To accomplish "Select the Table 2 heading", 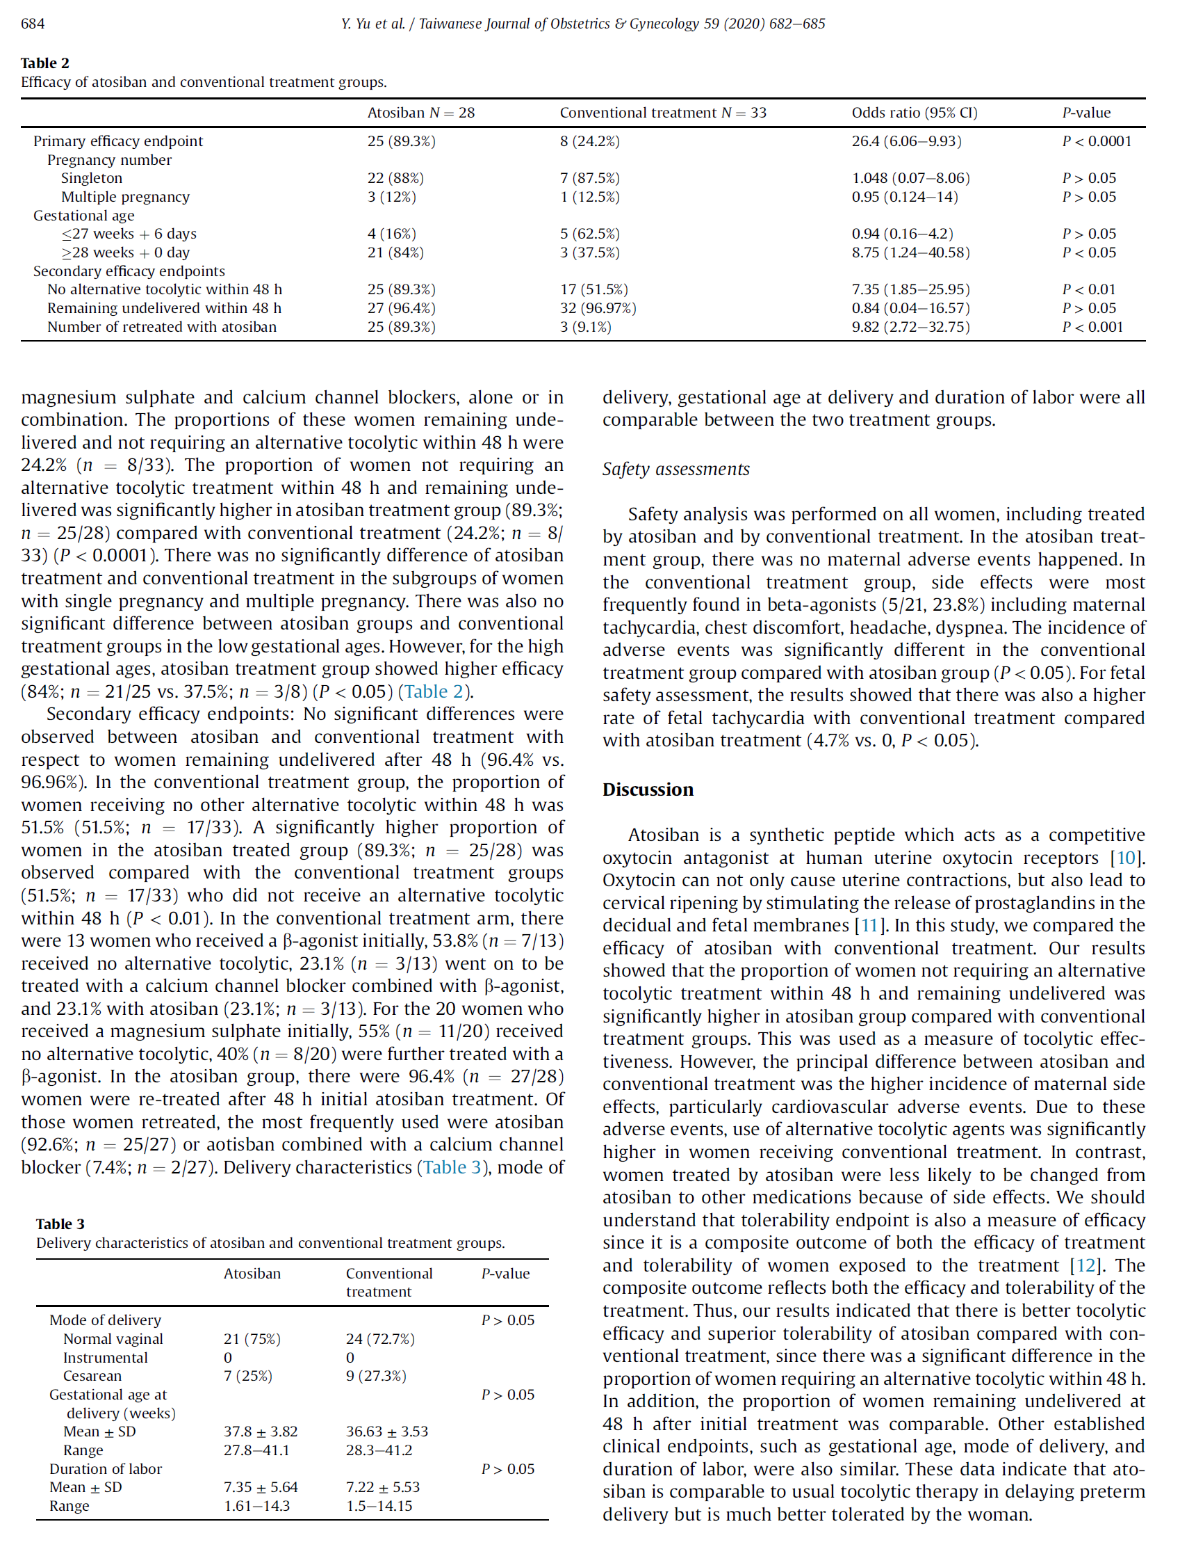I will [45, 63].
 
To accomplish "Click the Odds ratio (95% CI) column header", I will [914, 113].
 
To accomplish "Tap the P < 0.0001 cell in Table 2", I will [1096, 141].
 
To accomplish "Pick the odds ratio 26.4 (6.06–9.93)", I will [906, 141].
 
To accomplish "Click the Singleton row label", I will [91, 179].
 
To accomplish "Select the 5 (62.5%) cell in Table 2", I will [589, 234].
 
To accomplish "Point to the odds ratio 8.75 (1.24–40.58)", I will [910, 253].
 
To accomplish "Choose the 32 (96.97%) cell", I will [598, 308].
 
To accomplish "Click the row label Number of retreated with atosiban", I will [161, 327].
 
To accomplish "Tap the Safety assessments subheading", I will [675, 469].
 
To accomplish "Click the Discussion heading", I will [648, 789].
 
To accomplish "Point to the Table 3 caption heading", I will [60, 1224].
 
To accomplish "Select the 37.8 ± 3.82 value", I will [261, 1432].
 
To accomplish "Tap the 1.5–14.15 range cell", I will [379, 1505].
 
